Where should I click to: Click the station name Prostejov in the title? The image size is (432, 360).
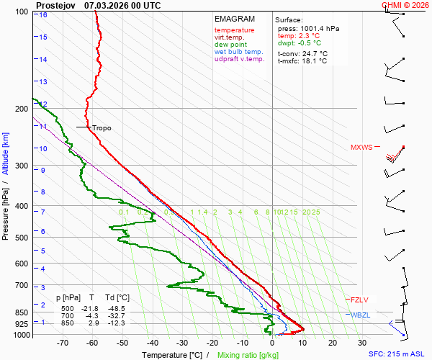click(55, 5)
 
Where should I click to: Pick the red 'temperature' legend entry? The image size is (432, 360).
click(234, 30)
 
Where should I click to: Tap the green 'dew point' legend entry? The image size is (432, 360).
click(230, 45)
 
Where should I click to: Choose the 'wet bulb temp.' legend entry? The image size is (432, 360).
click(239, 52)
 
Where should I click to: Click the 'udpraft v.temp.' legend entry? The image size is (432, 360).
click(240, 59)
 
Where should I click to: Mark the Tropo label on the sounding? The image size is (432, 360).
click(102, 128)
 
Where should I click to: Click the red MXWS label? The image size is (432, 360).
click(361, 148)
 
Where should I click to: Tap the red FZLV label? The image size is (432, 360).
click(359, 300)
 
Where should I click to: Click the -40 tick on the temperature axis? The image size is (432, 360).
click(153, 343)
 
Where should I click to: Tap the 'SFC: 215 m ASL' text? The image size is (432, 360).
click(398, 354)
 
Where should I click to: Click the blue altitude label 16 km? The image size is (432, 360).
click(43, 15)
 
